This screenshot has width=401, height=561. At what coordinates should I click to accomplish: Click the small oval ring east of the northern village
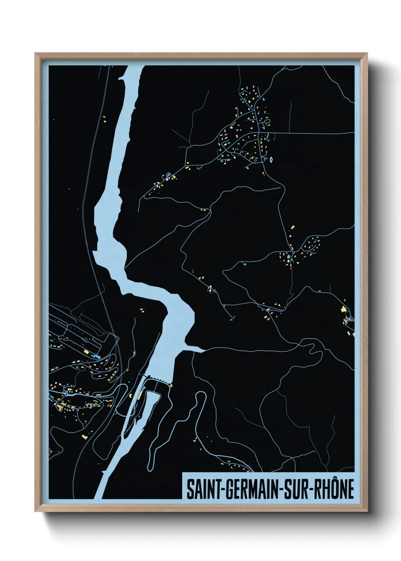pos(271,160)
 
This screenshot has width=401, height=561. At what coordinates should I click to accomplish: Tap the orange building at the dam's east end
pos(171,385)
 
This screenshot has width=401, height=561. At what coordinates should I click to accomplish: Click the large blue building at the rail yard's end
pos(97,357)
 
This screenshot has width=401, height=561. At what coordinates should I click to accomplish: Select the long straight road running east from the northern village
pos(311,133)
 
